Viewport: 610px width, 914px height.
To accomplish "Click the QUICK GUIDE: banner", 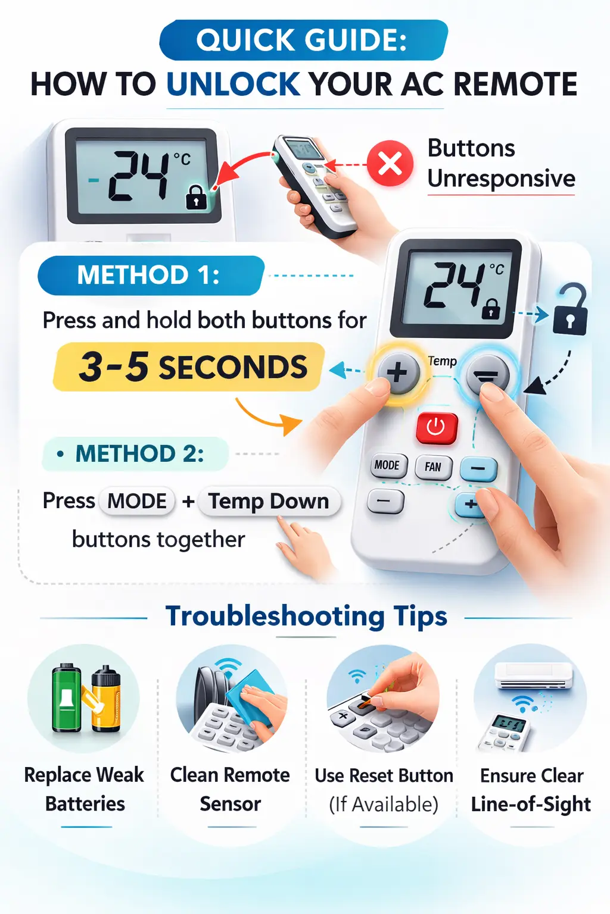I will pos(303,40).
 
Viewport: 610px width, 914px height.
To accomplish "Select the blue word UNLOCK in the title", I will pos(233,84).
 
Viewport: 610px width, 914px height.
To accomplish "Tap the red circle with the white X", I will pos(390,163).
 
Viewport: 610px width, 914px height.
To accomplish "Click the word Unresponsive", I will pos(501,179).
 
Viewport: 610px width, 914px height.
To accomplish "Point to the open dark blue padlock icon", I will pos(570,311).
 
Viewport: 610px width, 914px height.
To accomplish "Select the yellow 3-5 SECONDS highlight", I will pos(189,367).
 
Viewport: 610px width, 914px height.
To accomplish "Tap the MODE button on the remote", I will pos(387,465).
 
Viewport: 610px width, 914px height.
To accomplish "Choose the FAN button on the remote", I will pos(433,467).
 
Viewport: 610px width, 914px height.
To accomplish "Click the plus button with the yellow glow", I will pos(397,373).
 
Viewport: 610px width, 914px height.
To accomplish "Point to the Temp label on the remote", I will pos(442,361).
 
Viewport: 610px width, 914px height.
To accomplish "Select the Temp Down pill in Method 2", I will pos(269,501).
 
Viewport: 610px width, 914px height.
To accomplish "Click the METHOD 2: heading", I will pos(136,454).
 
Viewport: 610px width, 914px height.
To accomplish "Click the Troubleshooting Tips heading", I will pos(306,616).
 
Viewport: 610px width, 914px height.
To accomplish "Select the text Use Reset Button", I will pos(384,776).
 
